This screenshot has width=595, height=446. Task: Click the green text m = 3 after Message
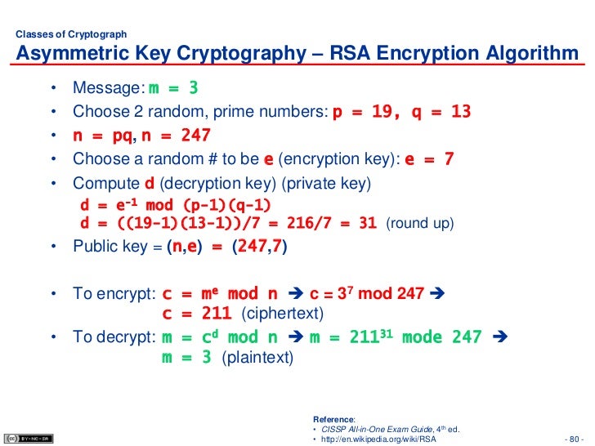click(x=173, y=88)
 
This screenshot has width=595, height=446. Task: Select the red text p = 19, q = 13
click(x=401, y=112)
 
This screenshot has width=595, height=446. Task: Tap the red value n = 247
click(x=176, y=136)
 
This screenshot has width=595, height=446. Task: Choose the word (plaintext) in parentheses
click(x=257, y=359)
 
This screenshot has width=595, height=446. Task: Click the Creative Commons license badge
click(x=29, y=437)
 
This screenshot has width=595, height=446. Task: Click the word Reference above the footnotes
click(x=333, y=418)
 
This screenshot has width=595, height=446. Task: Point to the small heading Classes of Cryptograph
click(x=71, y=34)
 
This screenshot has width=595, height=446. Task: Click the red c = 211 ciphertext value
click(x=197, y=314)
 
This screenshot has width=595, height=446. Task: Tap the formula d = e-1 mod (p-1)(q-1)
click(x=175, y=204)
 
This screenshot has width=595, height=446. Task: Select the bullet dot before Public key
click(x=54, y=247)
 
